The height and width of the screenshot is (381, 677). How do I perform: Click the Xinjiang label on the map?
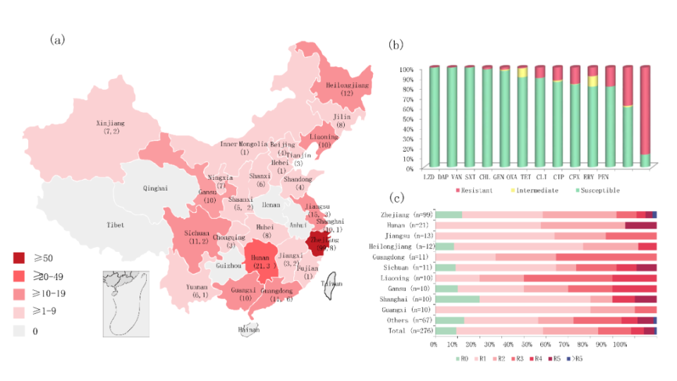(111, 123)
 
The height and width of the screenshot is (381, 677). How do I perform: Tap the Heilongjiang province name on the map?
(347, 85)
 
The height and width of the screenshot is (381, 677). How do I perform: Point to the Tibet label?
(115, 225)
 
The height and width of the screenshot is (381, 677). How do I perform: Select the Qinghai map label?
(155, 188)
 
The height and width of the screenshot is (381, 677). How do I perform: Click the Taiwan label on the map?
(331, 284)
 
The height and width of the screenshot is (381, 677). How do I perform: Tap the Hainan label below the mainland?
(249, 329)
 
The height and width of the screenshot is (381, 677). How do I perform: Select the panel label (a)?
(57, 40)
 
